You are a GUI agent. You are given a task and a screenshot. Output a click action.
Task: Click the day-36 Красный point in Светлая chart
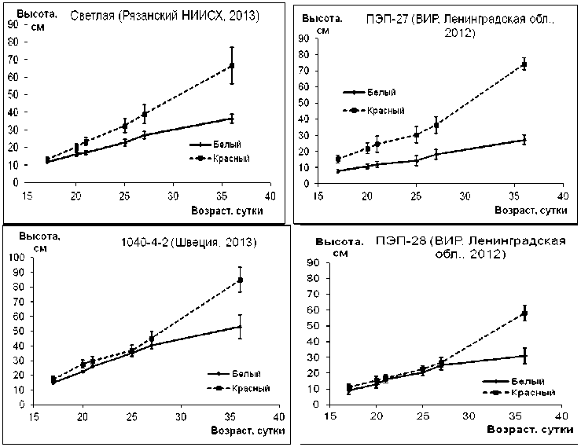point(232,65)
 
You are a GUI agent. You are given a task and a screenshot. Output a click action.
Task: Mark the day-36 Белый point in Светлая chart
point(232,119)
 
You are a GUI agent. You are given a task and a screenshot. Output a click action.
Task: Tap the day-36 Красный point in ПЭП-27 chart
point(524,64)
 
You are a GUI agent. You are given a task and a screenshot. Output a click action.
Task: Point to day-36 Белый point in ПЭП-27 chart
point(524,140)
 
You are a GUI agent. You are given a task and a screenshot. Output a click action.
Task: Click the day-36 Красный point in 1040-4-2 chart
point(240,280)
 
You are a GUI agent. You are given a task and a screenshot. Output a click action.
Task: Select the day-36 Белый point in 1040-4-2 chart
point(240,326)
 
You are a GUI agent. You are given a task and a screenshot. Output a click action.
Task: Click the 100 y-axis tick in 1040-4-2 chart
point(14,257)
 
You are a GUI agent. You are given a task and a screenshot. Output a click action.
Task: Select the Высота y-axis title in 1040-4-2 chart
point(32,236)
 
